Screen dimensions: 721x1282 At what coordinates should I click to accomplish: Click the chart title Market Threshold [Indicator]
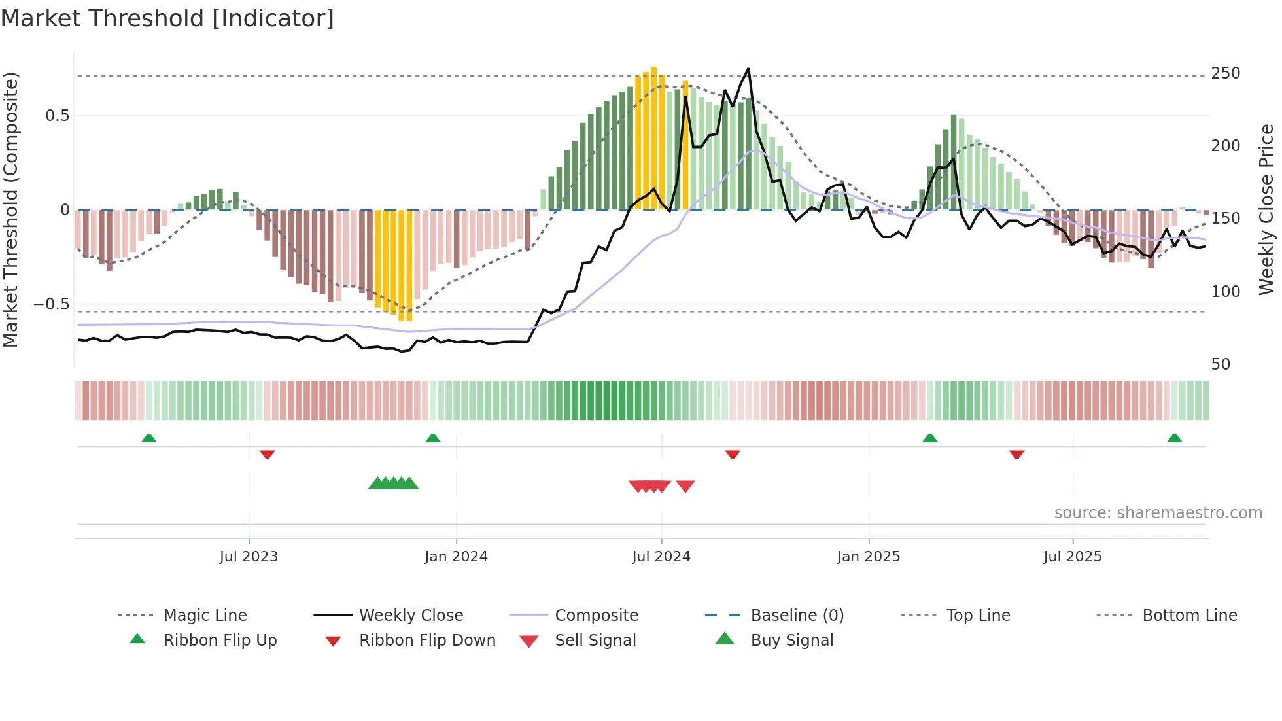[167, 18]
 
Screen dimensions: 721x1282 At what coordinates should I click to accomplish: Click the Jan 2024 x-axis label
[456, 556]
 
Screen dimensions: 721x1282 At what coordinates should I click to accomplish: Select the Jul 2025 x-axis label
[1072, 556]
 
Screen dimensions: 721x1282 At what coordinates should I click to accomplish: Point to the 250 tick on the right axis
[1225, 73]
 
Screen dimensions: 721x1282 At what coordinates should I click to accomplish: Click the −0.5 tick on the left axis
[51, 304]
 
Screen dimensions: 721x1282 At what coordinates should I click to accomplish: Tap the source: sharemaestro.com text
[1158, 512]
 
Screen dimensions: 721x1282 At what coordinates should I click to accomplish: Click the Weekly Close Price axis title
[1266, 209]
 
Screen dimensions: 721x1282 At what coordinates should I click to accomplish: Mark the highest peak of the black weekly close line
[748, 69]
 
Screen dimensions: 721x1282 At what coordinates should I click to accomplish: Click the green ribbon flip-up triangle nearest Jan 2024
[432, 438]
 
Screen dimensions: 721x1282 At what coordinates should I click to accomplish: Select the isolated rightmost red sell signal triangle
[685, 486]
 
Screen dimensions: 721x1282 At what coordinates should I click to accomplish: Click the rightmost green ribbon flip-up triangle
[1174, 438]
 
